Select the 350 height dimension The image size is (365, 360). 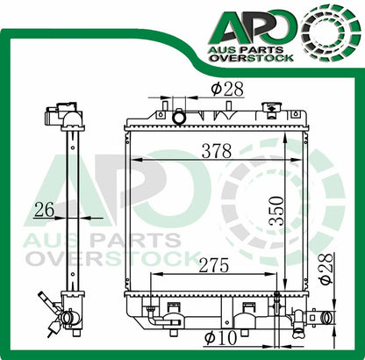click(278, 210)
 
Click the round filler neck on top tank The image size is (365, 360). click(180, 117)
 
